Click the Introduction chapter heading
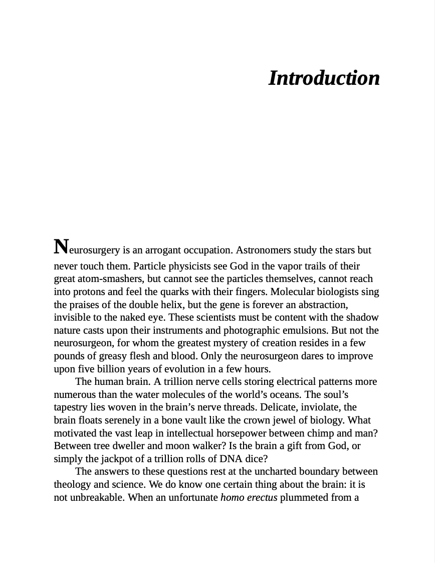(324, 78)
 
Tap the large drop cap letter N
(61, 247)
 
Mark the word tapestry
(72, 407)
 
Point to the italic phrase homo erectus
(249, 497)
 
